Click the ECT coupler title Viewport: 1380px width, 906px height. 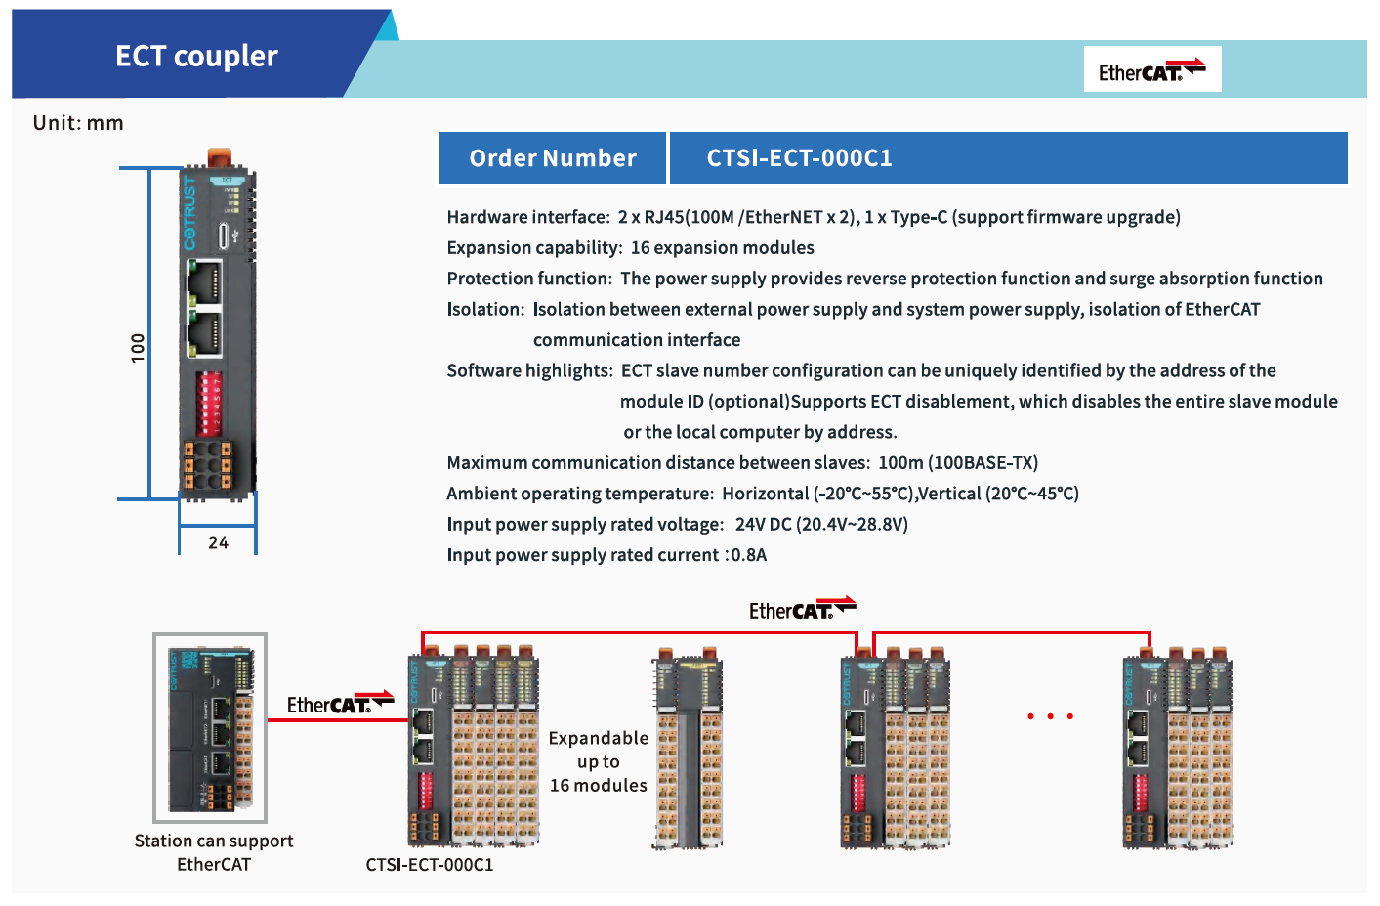tap(196, 56)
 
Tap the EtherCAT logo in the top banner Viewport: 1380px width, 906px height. tap(1151, 69)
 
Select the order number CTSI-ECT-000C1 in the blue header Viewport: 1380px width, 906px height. tap(799, 158)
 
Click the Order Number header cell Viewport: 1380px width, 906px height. tap(553, 158)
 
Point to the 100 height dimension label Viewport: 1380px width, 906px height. tap(138, 347)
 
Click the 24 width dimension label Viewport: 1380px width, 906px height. tap(218, 542)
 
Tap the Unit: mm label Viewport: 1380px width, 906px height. tap(78, 123)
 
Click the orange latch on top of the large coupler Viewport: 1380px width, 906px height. tap(220, 156)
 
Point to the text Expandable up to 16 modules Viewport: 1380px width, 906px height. tap(598, 761)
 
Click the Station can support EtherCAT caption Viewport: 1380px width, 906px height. tap(214, 852)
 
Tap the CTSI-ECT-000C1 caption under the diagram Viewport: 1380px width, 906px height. tap(430, 865)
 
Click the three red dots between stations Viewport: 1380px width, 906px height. tap(1050, 716)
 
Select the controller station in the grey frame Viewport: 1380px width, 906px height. tap(210, 727)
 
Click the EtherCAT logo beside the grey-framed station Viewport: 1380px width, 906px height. tap(339, 703)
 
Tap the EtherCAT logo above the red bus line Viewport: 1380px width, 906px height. tap(802, 610)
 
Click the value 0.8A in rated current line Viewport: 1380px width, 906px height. tap(749, 555)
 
